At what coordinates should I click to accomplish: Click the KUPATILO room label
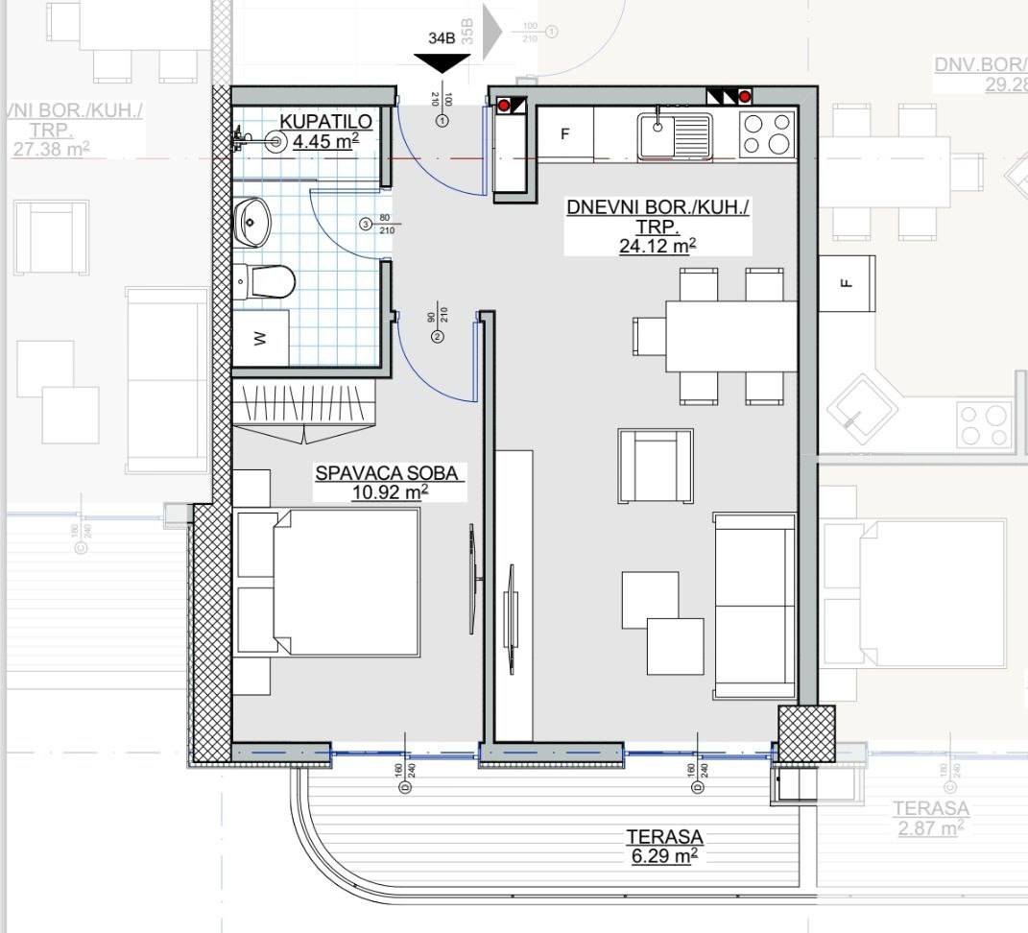(319, 121)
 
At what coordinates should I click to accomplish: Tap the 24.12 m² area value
(657, 247)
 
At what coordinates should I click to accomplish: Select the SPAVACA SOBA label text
(390, 473)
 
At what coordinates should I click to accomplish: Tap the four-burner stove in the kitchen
(768, 133)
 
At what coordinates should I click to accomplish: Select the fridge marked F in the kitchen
(564, 134)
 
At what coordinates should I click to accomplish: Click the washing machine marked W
(260, 339)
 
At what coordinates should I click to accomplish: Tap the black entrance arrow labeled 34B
(442, 62)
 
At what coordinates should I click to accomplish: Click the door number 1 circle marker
(442, 122)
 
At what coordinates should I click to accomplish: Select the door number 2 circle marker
(438, 337)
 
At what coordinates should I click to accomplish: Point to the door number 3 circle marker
(365, 225)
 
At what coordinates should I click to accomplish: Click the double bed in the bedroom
(328, 583)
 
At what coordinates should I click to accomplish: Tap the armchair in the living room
(656, 466)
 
